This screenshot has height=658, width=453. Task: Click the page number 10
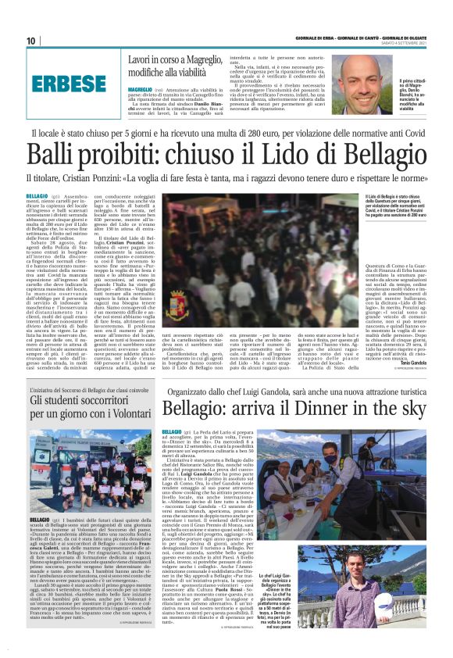click(30, 41)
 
